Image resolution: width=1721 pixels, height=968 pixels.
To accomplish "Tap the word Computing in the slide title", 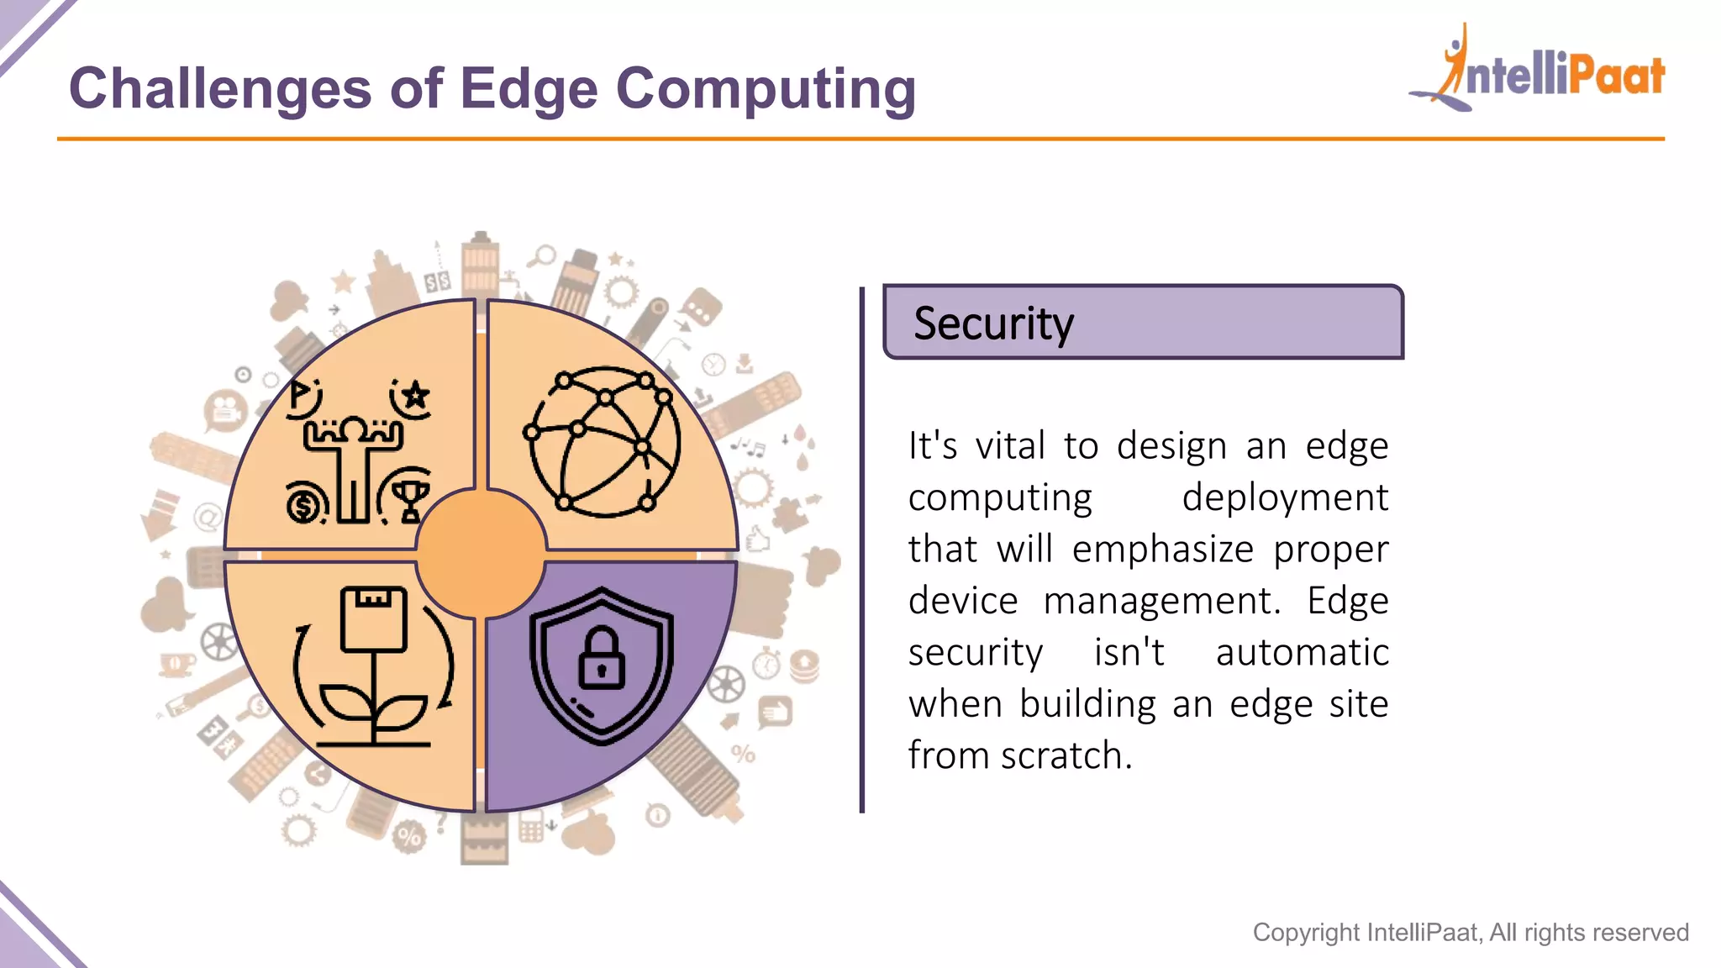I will [x=766, y=89].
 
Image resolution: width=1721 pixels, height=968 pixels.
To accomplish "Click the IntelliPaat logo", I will [x=1538, y=71].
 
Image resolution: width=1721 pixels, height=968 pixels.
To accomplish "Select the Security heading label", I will [x=993, y=324].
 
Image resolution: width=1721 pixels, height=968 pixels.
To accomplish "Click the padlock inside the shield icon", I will [x=602, y=659].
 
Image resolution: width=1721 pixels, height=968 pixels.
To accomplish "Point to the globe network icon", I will [x=603, y=442].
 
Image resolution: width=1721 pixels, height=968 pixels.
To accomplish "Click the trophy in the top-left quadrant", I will [x=411, y=499].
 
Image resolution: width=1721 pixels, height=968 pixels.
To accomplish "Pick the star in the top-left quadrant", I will [x=415, y=395].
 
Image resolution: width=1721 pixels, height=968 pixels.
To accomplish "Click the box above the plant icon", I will [x=373, y=618].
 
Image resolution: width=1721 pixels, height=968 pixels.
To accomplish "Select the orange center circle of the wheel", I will [x=481, y=554].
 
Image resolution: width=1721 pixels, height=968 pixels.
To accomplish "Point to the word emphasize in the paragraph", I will [x=1163, y=550].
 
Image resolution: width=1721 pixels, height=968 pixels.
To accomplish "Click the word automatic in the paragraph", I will [x=1302, y=653].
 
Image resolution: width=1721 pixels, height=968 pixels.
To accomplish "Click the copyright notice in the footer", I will [x=1470, y=932].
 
